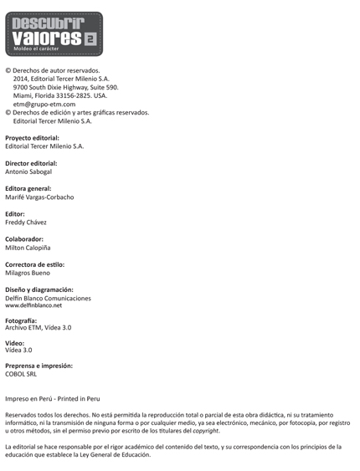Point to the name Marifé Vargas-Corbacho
(51, 197)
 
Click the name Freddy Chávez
(26, 223)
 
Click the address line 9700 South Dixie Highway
(65, 87)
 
